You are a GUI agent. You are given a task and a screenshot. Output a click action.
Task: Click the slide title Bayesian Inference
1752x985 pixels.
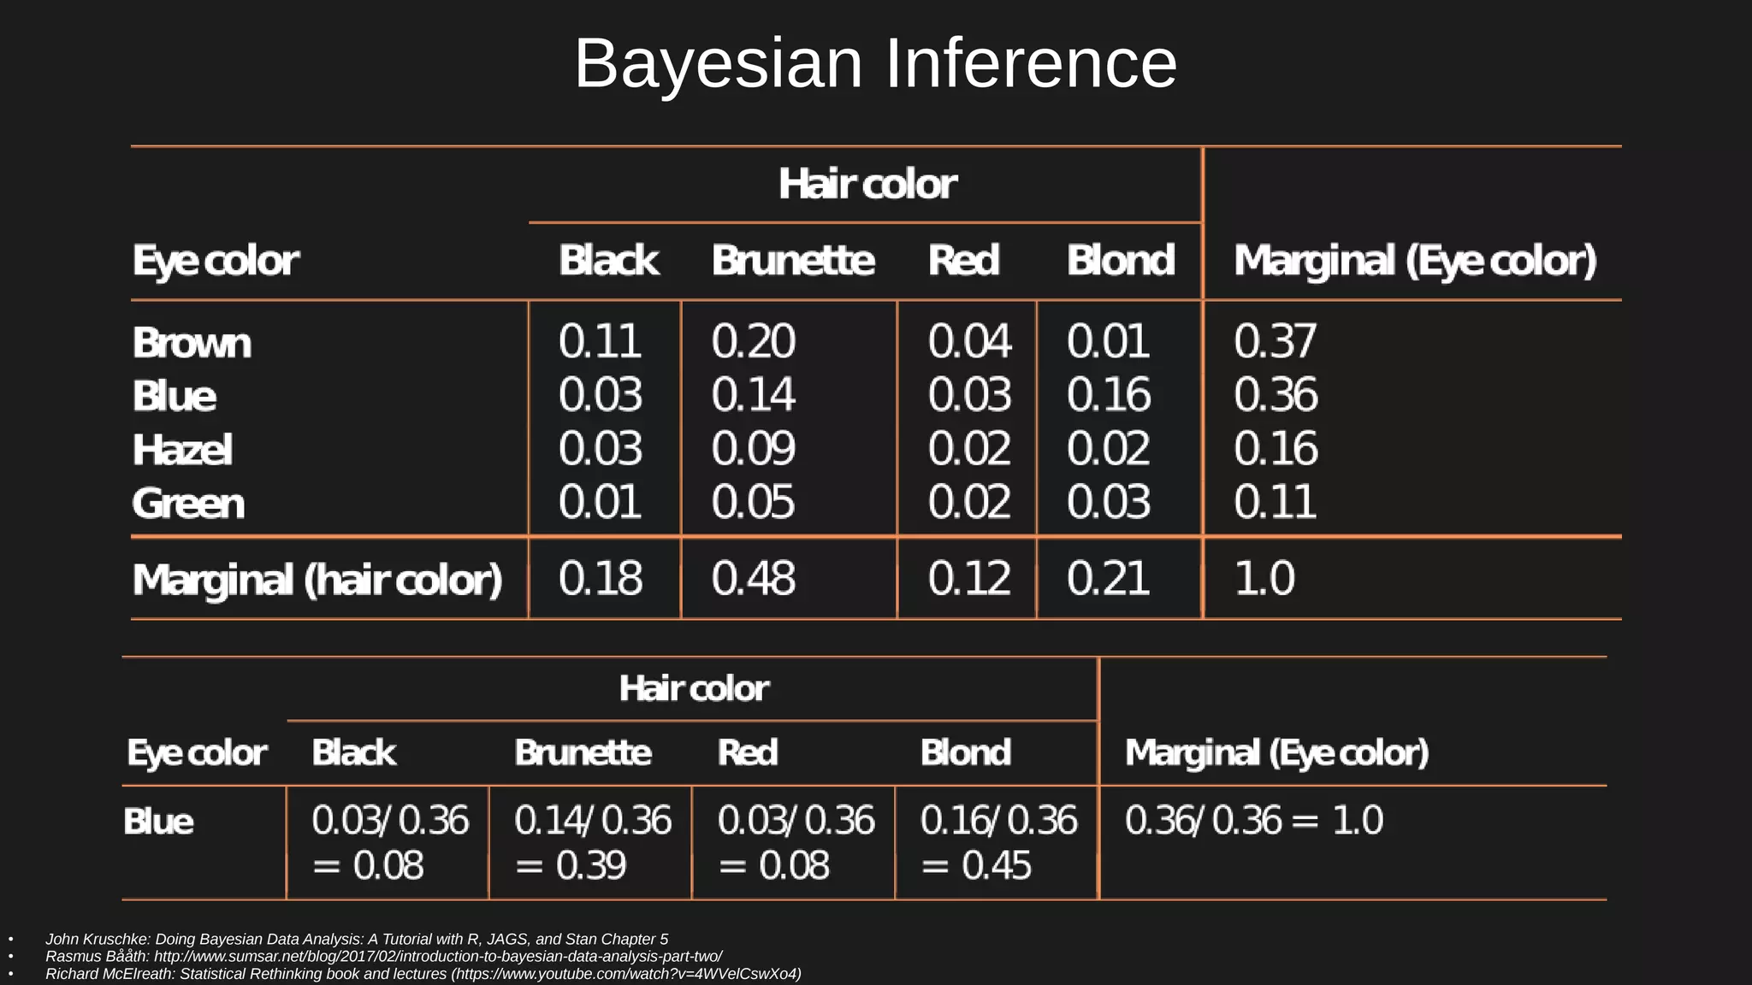[x=875, y=63]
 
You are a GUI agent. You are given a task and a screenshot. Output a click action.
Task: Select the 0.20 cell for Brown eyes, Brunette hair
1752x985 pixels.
[x=753, y=341]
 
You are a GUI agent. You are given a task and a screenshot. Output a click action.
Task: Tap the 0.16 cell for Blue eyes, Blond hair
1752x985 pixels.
[x=1109, y=395]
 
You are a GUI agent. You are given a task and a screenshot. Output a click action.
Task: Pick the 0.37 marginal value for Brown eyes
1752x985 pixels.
[x=1275, y=341]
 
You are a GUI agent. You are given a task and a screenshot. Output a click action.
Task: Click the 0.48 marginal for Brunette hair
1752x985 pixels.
[x=753, y=579]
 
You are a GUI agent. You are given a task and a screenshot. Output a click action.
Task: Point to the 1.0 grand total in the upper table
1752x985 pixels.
[x=1264, y=579]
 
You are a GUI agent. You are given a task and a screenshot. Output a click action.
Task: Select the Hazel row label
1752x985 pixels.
[x=182, y=450]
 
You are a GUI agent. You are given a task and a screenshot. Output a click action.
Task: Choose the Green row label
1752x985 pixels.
[x=188, y=503]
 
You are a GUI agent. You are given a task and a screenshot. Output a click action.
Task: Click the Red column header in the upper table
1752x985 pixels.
[x=963, y=260]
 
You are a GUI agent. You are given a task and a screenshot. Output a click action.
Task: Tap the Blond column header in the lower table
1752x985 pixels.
[x=966, y=752]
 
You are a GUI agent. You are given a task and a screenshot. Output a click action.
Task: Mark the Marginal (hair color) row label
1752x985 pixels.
[x=317, y=580]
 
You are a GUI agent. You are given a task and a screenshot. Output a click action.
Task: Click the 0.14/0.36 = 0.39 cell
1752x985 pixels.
[x=592, y=842]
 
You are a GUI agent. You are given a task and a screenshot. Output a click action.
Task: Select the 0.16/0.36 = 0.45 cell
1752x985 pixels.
[x=998, y=842]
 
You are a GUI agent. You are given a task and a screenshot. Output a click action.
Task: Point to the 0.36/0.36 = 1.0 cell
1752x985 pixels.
[x=1253, y=821]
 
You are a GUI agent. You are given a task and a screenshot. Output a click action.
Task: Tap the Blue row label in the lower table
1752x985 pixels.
[x=159, y=822]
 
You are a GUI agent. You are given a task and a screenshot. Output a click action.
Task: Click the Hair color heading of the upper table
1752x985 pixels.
[x=867, y=184]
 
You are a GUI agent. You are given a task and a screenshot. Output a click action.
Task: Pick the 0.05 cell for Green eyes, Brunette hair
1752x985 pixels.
[x=753, y=502]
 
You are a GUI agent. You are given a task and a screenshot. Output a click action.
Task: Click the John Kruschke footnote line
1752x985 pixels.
[x=357, y=939]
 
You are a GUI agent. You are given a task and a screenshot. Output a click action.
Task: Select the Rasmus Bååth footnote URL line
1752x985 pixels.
[x=384, y=956]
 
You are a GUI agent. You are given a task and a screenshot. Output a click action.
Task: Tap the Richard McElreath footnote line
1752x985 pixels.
[x=423, y=974]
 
